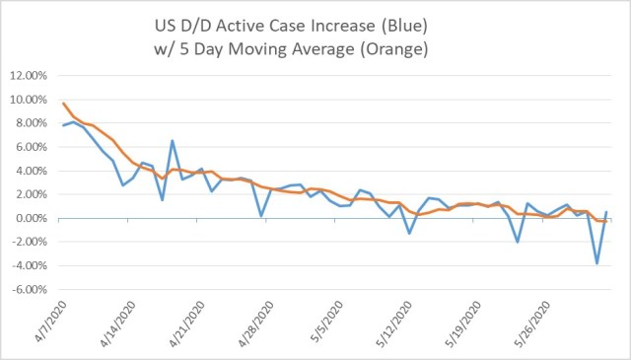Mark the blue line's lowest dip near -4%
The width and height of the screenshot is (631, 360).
point(596,263)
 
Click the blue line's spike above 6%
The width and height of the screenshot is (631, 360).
point(172,141)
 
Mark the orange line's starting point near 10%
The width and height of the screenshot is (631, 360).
point(64,104)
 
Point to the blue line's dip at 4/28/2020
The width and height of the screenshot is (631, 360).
point(260,215)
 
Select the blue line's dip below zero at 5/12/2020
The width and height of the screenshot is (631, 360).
point(409,233)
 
